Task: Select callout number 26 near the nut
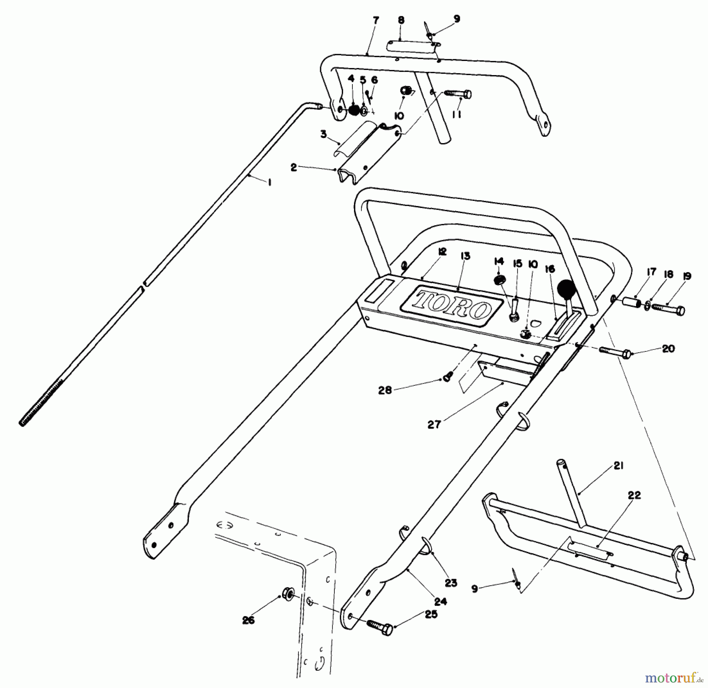[x=249, y=620]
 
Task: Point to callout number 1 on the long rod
[x=269, y=183]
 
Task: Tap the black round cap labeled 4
[x=354, y=110]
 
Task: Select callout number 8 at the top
[x=401, y=20]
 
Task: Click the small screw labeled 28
[x=447, y=378]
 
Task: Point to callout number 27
[x=434, y=425]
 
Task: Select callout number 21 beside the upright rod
[x=618, y=466]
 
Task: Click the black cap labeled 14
[x=499, y=281]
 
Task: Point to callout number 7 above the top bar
[x=376, y=20]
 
